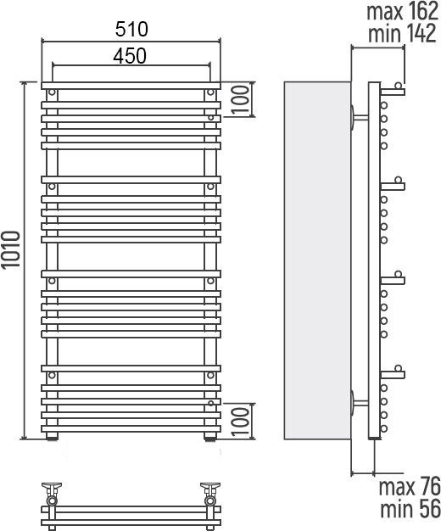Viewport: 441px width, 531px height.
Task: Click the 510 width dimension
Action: click(131, 29)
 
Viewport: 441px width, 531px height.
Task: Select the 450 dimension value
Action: click(130, 56)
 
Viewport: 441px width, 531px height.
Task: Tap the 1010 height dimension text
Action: click(10, 249)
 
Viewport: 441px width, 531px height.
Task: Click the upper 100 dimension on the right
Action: click(241, 99)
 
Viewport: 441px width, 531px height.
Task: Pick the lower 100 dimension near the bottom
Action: click(241, 422)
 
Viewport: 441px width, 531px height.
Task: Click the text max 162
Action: click(402, 11)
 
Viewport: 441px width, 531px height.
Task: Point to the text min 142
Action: click(402, 34)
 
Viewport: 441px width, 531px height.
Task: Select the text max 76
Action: click(410, 486)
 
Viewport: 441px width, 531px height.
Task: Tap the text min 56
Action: click(410, 509)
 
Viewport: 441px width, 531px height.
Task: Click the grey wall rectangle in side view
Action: click(317, 260)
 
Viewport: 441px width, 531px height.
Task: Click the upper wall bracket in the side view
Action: click(359, 118)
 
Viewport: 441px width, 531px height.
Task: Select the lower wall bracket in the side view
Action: click(359, 403)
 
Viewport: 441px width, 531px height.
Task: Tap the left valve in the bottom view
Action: click(52, 494)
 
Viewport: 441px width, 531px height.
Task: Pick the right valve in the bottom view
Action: click(210, 494)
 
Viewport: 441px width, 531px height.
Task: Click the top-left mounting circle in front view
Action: click(52, 92)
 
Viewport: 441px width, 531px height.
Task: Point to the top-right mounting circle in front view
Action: click(210, 92)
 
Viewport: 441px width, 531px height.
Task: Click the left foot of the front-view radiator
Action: click(52, 437)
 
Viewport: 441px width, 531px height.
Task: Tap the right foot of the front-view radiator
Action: click(210, 437)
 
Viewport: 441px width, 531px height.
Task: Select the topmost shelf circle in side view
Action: click(399, 86)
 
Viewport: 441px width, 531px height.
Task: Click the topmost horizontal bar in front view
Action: click(131, 86)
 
